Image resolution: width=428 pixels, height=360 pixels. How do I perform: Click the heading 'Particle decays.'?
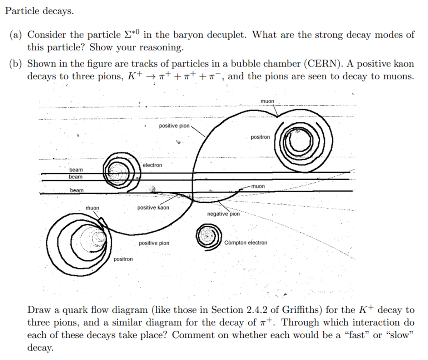39,11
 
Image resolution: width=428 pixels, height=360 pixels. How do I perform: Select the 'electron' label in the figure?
152,165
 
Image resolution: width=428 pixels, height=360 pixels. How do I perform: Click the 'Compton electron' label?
246,243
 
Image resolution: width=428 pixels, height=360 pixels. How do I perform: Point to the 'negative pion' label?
224,214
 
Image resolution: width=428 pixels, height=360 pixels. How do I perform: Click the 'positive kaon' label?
153,207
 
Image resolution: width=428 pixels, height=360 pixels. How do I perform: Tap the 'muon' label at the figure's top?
267,101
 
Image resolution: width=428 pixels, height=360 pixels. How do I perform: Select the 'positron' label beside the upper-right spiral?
260,137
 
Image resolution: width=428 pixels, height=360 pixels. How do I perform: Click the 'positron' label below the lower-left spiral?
123,259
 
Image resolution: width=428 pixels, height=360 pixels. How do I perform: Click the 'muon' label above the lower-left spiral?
93,208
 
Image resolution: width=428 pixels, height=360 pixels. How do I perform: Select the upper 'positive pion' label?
174,126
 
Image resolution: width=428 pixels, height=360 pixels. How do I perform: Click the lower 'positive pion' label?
154,243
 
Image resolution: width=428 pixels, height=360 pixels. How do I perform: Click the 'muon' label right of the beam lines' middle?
258,186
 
